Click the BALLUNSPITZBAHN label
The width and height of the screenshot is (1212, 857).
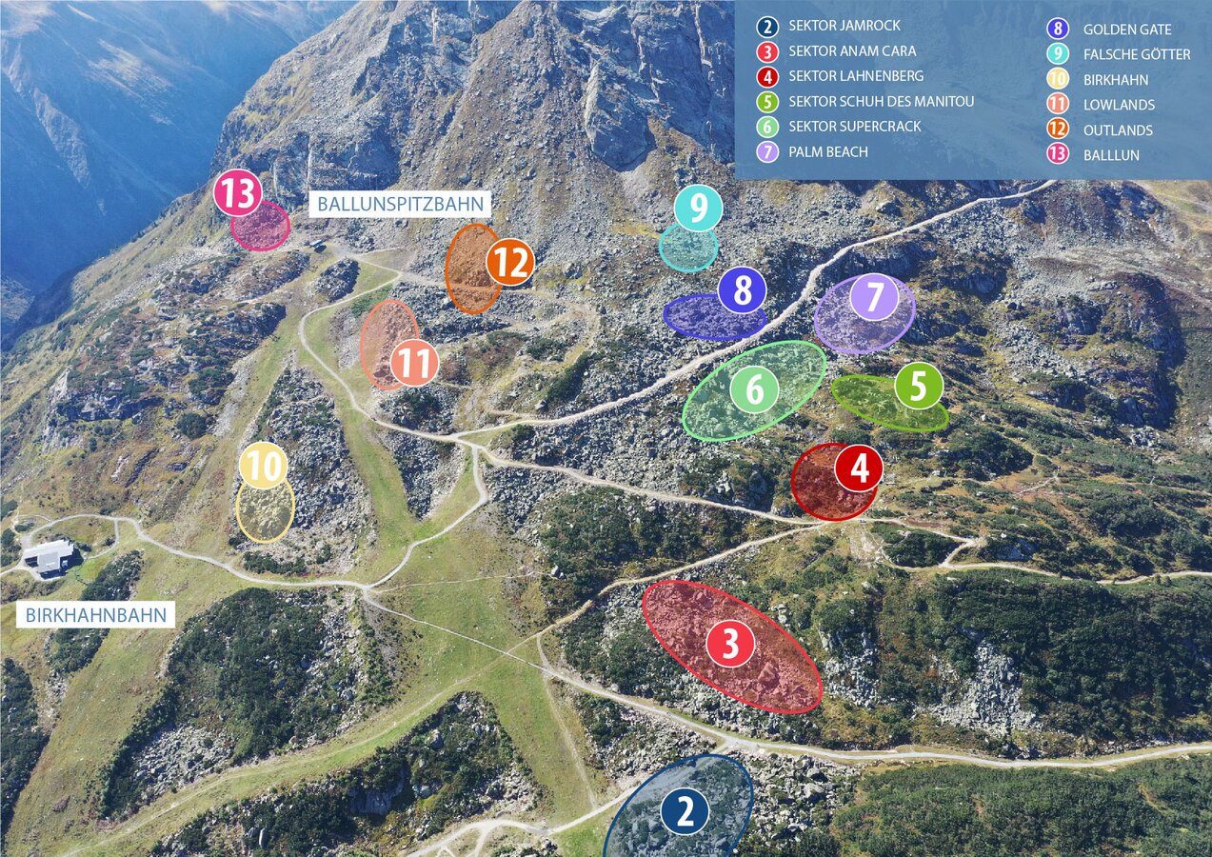tap(401, 204)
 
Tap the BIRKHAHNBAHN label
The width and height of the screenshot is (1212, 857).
tap(95, 615)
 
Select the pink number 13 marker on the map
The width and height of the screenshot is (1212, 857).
tap(237, 194)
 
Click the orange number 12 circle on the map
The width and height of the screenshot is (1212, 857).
tap(510, 263)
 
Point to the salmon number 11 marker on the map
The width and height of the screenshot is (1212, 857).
tap(414, 363)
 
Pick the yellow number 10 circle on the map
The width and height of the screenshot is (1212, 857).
tap(264, 467)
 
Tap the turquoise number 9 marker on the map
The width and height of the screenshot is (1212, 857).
tap(699, 209)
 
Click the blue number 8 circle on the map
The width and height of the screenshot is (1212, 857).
tap(743, 290)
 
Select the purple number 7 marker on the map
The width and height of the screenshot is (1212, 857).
tap(875, 296)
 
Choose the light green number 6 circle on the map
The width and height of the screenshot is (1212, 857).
tap(755, 389)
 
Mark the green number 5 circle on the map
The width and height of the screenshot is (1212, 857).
tap(919, 386)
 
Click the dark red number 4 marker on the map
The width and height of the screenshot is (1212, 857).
tap(859, 468)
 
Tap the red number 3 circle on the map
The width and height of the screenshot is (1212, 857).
tap(730, 644)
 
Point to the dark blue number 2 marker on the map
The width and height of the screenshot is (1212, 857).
tap(685, 812)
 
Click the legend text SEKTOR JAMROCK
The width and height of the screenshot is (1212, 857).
tap(844, 26)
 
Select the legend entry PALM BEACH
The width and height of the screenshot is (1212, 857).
tap(827, 151)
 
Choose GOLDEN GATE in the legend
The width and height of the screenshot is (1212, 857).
tap(1126, 30)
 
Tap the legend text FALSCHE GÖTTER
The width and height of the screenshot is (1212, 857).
tap(1136, 54)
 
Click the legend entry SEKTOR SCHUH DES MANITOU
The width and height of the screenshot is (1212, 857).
tap(881, 101)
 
